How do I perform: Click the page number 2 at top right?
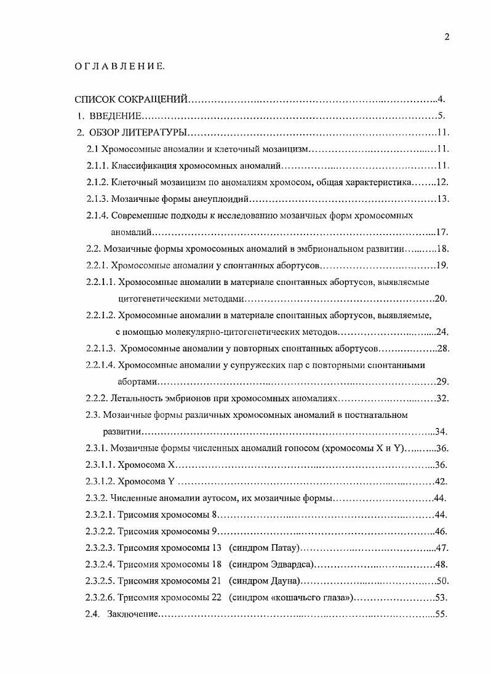click(x=447, y=37)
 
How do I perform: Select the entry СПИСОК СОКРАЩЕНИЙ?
click(x=130, y=98)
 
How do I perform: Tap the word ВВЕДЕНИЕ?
click(x=116, y=116)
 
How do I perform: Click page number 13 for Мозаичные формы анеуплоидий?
click(x=444, y=199)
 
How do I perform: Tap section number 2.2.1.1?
click(x=100, y=282)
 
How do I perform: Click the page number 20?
click(x=441, y=299)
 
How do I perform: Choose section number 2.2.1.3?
click(x=100, y=348)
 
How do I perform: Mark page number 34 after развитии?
click(x=441, y=431)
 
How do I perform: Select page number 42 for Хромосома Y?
click(x=441, y=481)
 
